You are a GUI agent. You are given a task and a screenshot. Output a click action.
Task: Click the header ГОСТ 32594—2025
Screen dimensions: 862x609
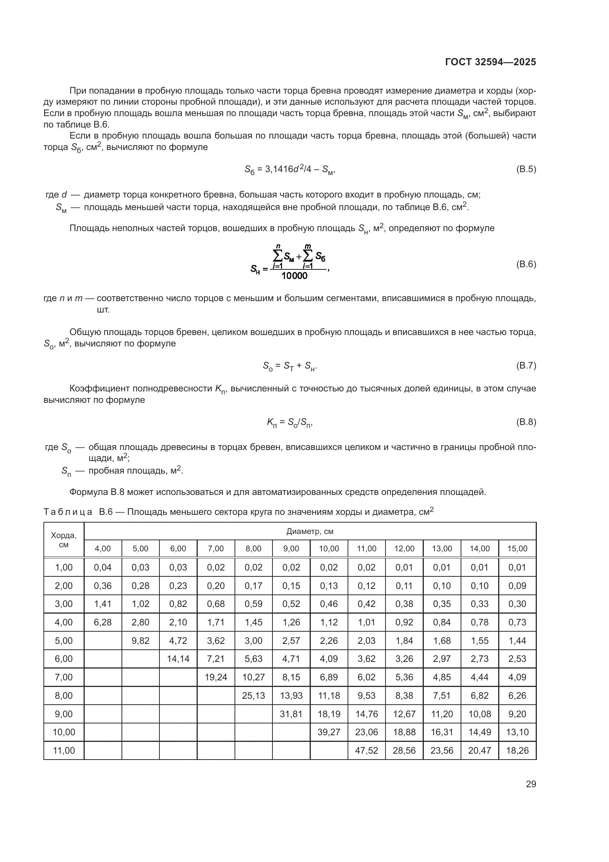(x=490, y=62)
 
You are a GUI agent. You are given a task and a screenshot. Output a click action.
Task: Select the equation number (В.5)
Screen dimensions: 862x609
(x=526, y=169)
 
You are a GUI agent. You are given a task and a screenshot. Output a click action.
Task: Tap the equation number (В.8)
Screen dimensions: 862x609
(x=526, y=422)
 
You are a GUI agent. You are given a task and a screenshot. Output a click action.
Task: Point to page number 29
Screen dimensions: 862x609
(x=531, y=784)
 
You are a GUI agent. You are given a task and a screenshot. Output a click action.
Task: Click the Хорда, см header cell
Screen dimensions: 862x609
(x=64, y=540)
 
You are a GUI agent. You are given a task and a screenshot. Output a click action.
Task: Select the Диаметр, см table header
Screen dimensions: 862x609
(x=310, y=531)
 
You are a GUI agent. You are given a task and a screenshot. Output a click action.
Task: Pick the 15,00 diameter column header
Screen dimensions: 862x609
(x=517, y=548)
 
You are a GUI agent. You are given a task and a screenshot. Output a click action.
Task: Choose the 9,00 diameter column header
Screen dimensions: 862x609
(x=291, y=548)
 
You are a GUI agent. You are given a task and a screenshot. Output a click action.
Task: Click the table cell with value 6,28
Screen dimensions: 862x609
(x=103, y=622)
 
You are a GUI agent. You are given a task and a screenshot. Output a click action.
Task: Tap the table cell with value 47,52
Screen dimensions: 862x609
(x=366, y=750)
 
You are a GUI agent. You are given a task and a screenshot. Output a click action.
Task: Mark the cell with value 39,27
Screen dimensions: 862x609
(x=329, y=732)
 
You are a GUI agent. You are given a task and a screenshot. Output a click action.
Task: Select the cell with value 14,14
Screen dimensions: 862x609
(x=178, y=659)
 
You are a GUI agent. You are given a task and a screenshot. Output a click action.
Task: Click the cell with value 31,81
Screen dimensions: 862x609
(x=291, y=714)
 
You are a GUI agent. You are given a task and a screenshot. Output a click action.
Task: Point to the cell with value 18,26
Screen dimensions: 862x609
(x=517, y=750)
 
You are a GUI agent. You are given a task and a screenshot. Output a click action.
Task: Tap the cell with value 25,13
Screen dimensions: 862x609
(x=253, y=695)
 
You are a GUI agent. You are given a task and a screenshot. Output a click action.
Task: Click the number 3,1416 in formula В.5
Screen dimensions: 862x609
(x=279, y=169)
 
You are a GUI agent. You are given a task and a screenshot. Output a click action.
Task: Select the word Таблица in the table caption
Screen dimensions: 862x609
(x=68, y=512)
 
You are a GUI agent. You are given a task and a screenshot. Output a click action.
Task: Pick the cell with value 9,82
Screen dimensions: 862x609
(x=140, y=641)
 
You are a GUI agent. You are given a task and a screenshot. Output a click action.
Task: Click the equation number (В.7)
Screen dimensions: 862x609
(x=526, y=365)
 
